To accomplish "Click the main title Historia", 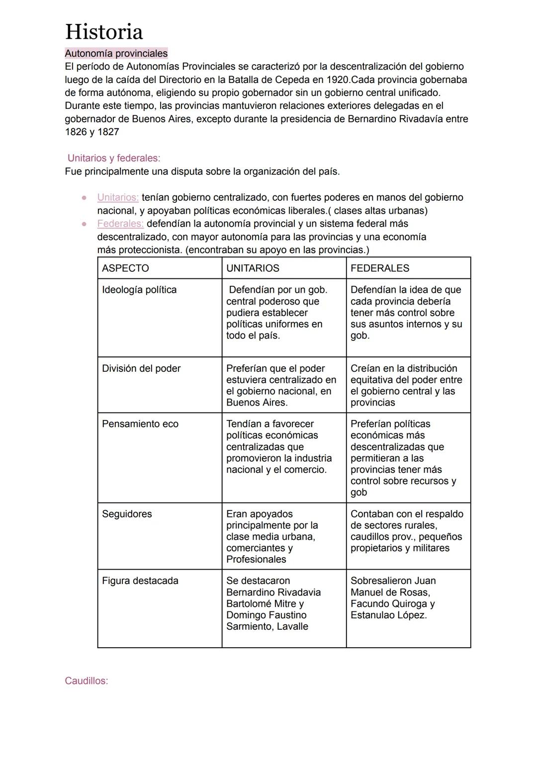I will pos(104,32).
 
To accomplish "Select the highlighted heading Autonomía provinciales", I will pos(116,53).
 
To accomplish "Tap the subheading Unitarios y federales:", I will pos(114,158).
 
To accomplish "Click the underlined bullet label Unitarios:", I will pos(118,197).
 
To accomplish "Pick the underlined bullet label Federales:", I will pos(120,224).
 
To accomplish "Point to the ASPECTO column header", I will pos(125,268).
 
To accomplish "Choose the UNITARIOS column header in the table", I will pos(253,268).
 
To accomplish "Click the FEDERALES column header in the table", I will pos(380,268).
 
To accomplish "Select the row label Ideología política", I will pos(139,290).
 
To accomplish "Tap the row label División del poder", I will pos(141,368).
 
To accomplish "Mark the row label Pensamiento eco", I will pos(140,424).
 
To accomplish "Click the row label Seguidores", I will pos(127,514).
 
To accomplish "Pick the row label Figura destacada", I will pos(140,581).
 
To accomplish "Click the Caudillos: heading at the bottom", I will pos(87,680).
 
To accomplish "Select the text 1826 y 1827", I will pos(92,132).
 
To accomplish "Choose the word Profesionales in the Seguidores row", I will pos(256,559).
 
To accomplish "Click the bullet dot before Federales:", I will pos(84,224).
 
